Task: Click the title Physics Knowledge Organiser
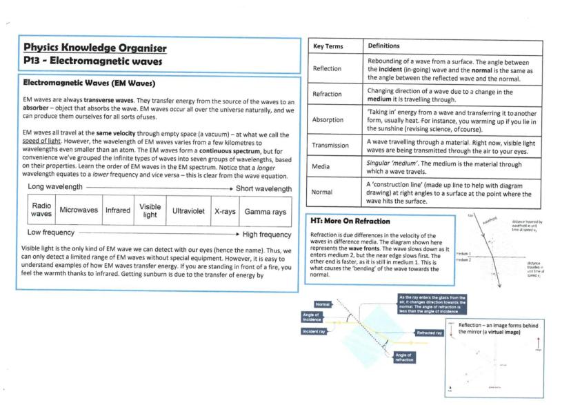(94, 48)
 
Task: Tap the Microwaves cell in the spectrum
(78, 210)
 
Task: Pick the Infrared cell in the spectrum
(117, 210)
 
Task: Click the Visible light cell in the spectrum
(150, 210)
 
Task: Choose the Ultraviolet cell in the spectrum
(188, 210)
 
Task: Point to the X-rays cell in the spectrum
(224, 210)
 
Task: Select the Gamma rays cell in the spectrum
(265, 210)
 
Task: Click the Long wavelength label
(55, 188)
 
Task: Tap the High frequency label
(267, 234)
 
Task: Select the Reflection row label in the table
(327, 69)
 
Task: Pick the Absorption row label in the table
(328, 119)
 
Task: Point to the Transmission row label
(330, 145)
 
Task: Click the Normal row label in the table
(322, 192)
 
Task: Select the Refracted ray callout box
(428, 333)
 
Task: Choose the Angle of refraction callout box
(403, 357)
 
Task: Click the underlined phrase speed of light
(41, 140)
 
